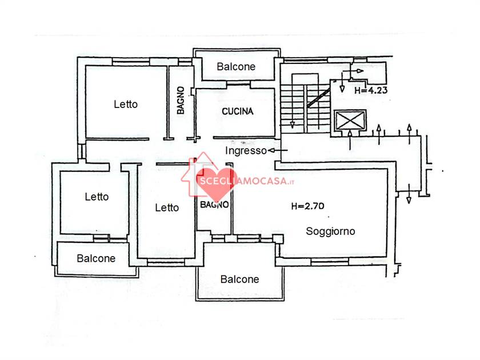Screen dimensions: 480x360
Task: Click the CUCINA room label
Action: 238,111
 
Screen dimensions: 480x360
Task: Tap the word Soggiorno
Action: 330,231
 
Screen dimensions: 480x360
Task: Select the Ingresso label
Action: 246,151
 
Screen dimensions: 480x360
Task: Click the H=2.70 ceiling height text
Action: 307,206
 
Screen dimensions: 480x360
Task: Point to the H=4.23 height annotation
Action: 371,90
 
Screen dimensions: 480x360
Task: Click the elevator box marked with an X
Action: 350,121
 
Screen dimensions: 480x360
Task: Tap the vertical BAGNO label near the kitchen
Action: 181,101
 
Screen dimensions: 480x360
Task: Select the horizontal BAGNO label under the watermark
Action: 214,205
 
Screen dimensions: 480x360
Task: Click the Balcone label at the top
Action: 236,67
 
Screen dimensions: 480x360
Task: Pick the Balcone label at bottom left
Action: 96,258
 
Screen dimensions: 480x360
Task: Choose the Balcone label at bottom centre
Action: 239,279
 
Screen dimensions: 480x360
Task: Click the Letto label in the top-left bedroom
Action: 126,105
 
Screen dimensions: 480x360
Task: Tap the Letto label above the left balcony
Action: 97,197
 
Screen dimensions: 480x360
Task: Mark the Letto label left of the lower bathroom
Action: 167,208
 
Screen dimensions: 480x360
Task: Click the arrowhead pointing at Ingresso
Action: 271,150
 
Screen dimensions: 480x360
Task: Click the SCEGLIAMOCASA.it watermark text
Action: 247,181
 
